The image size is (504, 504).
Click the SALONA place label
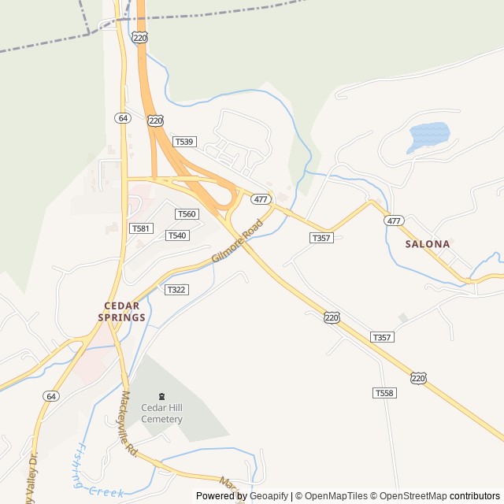[428, 244]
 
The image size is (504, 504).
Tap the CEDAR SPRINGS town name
[122, 312]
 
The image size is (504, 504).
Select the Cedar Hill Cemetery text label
[161, 413]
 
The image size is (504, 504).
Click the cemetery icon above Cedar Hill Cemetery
[162, 395]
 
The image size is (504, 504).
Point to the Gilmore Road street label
[236, 243]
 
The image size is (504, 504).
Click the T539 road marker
[185, 142]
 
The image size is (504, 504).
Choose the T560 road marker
[187, 214]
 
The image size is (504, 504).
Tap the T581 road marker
[141, 228]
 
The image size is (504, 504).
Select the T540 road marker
[177, 235]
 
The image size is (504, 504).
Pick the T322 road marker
[176, 290]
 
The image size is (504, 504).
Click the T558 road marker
[384, 392]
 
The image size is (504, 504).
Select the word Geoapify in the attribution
[269, 496]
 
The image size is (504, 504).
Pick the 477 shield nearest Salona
[394, 220]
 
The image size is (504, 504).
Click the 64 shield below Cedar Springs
[51, 395]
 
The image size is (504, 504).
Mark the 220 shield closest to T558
[418, 378]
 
